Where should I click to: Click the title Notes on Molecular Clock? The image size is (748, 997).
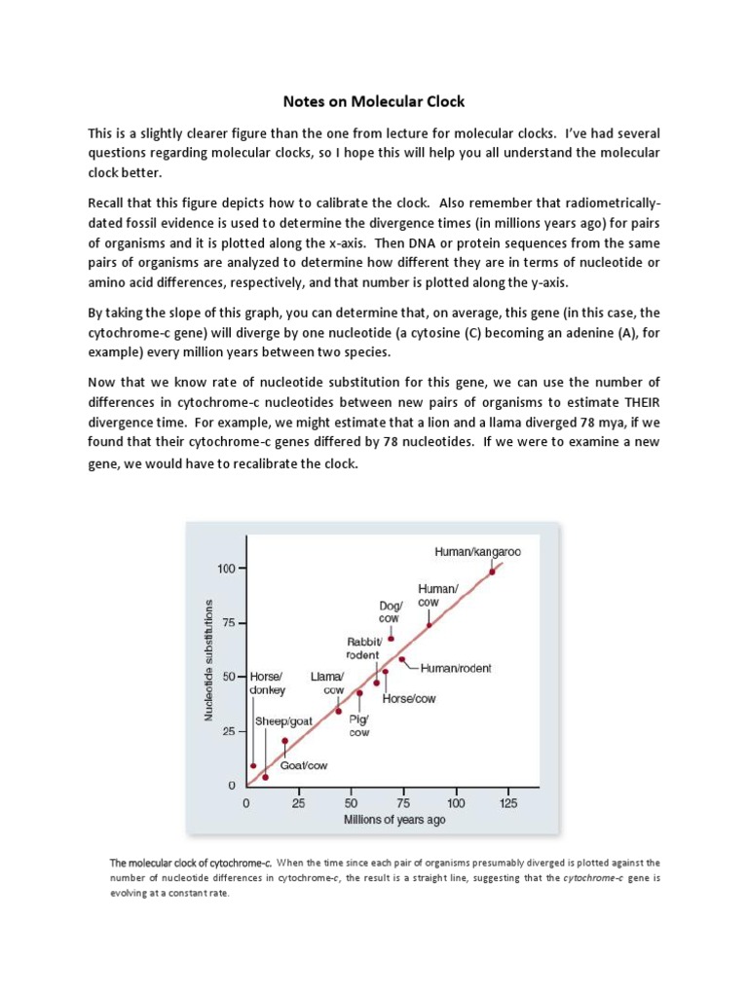coord(373,100)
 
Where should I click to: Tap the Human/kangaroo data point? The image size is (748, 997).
coord(492,572)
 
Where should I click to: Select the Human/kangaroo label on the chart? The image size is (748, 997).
coord(477,551)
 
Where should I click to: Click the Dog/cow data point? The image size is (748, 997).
coord(392,639)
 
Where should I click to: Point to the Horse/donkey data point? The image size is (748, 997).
coord(253,765)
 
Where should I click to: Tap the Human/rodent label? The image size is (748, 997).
coord(457,668)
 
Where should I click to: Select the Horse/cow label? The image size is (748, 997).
coord(408,699)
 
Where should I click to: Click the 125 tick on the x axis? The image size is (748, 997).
coord(508,803)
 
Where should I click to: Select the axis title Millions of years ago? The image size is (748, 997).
coord(394,820)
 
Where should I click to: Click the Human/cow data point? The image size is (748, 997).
coord(430,625)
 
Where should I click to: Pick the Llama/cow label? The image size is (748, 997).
coord(326,683)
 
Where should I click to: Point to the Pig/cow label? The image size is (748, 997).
coord(359,726)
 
